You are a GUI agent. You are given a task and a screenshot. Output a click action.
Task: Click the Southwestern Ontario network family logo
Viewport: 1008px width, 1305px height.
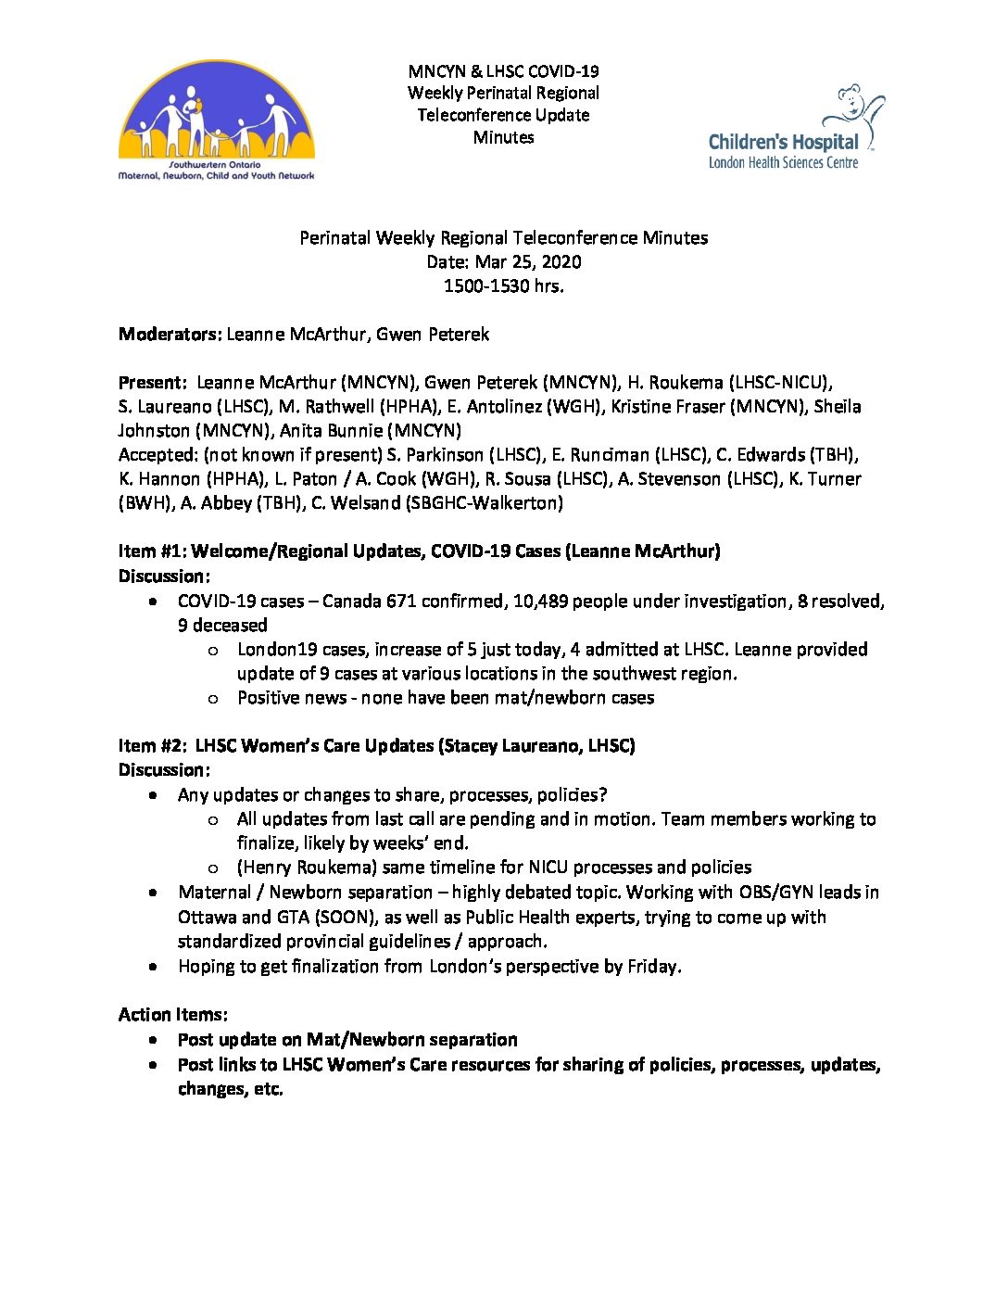[216, 120]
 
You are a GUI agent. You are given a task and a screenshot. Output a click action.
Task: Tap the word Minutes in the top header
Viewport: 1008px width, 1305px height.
[503, 137]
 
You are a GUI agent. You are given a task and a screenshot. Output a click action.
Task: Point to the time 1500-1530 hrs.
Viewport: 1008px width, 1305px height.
[503, 286]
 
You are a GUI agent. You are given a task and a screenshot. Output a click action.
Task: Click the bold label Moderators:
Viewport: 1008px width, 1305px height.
[170, 335]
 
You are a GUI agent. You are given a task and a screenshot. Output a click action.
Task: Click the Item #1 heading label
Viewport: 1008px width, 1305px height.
[151, 551]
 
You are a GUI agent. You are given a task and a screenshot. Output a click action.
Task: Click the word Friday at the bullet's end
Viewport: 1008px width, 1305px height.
[652, 967]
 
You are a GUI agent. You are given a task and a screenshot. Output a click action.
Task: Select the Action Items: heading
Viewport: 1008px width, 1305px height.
[173, 1015]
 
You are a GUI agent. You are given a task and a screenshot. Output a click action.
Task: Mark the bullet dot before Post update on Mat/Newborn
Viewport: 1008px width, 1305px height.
[153, 1040]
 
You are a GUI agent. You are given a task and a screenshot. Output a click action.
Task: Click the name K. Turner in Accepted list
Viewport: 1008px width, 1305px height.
[825, 479]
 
